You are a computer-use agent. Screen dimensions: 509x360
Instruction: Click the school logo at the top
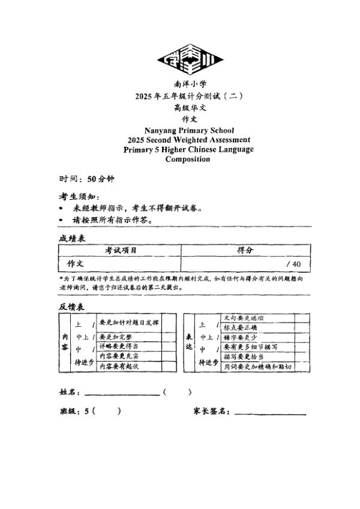coord(190,59)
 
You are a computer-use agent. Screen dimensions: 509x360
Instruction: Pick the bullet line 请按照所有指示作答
coord(112,219)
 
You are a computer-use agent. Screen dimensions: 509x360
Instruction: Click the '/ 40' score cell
coord(293,264)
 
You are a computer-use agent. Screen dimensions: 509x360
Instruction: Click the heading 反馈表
coord(71,306)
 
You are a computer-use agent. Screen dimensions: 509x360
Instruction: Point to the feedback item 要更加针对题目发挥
coord(129,323)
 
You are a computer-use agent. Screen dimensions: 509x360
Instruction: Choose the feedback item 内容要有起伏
coord(119,365)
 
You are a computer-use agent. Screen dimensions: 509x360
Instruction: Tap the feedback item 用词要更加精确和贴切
coord(258,366)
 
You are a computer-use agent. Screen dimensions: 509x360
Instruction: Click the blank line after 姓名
coord(122,394)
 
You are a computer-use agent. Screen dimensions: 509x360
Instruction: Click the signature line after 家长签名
coord(270,413)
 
